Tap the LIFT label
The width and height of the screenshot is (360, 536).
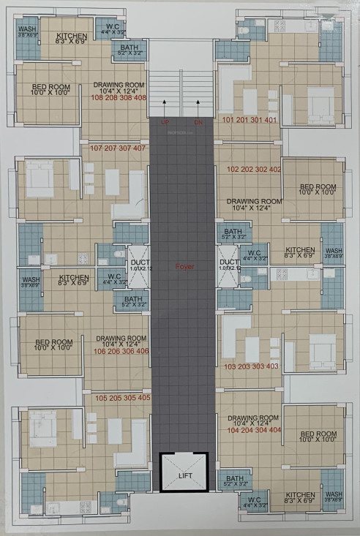point(184,477)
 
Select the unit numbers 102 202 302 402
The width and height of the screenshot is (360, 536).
point(254,169)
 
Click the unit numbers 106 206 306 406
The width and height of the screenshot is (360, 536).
point(121,351)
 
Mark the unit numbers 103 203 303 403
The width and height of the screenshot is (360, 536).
point(251,366)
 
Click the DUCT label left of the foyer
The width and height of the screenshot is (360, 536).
point(138,261)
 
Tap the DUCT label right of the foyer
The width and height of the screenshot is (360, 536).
point(229,261)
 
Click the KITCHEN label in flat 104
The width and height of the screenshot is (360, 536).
point(299,495)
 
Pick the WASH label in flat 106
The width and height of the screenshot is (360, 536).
point(30,280)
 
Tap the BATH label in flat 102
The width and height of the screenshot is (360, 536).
point(234,232)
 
